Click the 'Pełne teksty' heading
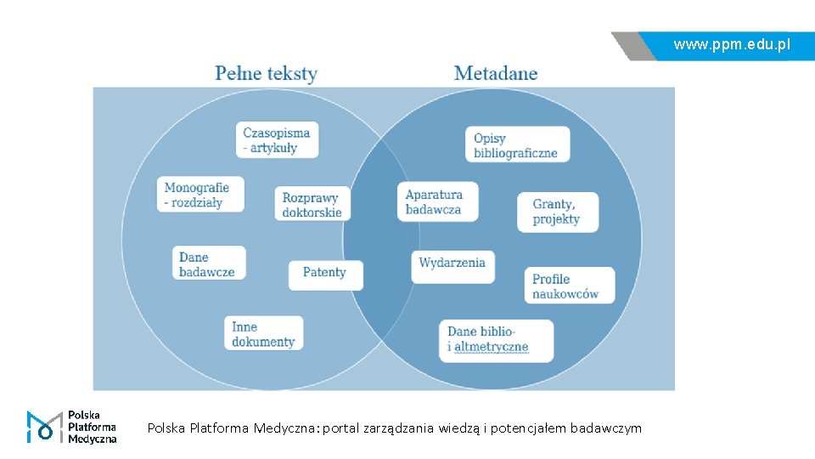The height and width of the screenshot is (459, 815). pos(266,73)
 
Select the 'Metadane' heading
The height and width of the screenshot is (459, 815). pos(496,73)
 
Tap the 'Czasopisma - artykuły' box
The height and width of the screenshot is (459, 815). pos(277,139)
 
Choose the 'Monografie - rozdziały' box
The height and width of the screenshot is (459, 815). pos(200,195)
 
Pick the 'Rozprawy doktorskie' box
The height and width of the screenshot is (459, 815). pos(312,205)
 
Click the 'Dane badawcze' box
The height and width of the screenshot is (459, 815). pos(210,263)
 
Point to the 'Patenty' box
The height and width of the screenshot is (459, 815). pos(325,273)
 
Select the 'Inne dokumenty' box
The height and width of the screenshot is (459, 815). pos(264,334)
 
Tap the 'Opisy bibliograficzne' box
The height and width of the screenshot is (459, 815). pos(516,145)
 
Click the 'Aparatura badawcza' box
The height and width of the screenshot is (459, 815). pos(436,202)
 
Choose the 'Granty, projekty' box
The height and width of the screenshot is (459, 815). pos(557,212)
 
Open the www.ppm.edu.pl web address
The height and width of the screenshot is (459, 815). pos(732,44)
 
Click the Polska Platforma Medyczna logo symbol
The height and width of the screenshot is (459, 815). pos(44,427)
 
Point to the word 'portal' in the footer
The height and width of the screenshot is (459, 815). pos(341,428)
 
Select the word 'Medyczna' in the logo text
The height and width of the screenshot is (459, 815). pos(92,439)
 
